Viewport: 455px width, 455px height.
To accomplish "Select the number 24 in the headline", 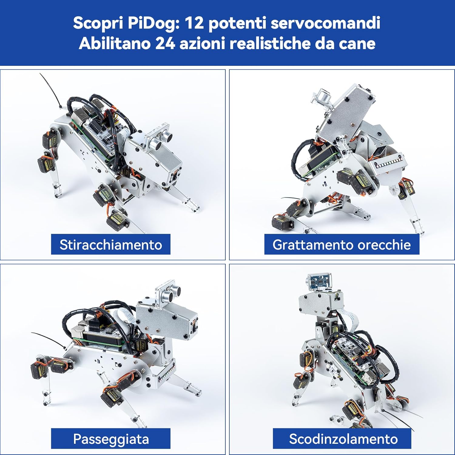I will (165, 43).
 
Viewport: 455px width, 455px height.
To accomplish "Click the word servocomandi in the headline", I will (325, 23).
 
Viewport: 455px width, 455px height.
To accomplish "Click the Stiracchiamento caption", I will (111, 244).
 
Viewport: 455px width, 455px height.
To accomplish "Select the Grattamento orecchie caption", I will (342, 244).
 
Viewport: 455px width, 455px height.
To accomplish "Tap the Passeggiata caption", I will (111, 439).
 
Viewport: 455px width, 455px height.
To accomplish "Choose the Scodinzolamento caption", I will (343, 439).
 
